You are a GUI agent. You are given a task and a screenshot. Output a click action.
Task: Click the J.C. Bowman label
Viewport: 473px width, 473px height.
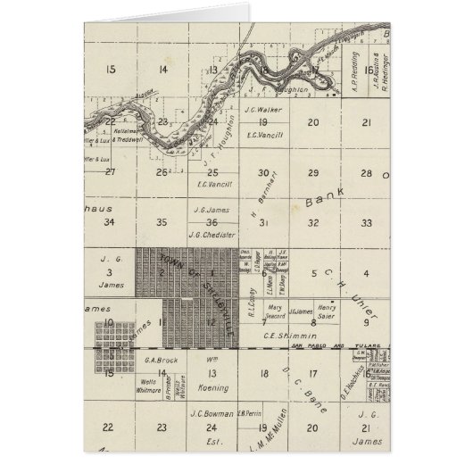[x=211, y=413]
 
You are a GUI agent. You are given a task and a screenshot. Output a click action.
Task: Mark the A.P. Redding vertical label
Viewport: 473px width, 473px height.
[x=356, y=82]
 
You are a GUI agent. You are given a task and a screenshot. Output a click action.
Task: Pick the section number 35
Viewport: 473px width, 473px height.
[x=161, y=222]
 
